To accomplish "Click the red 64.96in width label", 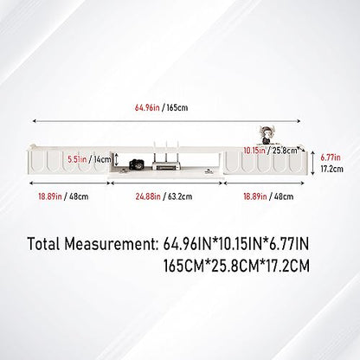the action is click(147, 107).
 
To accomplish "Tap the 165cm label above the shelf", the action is click(177, 107).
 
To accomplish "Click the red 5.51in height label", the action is click(77, 159).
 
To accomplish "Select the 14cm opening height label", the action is click(101, 159).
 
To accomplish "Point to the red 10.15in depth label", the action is click(254, 151).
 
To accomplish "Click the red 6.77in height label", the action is click(331, 157).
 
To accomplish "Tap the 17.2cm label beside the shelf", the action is click(332, 169).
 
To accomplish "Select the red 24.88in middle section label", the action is click(148, 196).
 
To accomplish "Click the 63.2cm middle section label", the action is click(180, 196).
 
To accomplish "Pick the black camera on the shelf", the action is click(136, 164).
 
